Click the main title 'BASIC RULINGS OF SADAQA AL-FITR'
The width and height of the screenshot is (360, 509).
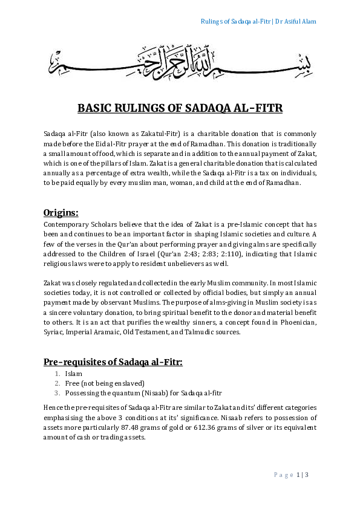coord(180,109)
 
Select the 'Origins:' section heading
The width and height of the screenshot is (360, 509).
coord(61,212)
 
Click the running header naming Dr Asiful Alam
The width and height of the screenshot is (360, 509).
coord(258,22)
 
